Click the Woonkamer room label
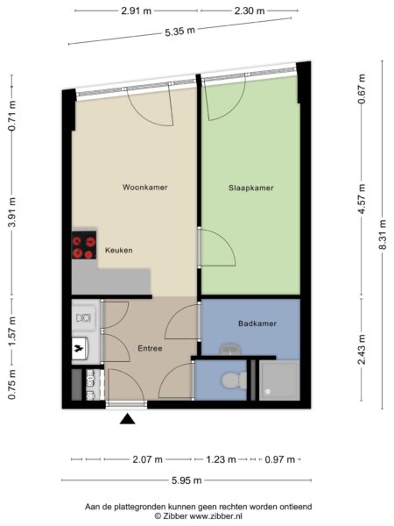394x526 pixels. coord(145,188)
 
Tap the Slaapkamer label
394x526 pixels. coord(251,188)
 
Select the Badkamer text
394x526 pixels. coord(257,323)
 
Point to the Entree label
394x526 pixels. coord(150,349)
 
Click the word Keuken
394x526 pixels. coord(118,250)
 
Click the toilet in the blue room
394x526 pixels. coord(234,380)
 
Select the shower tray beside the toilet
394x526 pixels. coord(279,380)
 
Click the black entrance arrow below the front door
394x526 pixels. coord(127,419)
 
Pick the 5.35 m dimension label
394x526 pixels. coord(179,32)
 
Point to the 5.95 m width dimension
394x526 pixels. coord(186,480)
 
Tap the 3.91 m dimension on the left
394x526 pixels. coord(12,212)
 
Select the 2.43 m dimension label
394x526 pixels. coord(362,349)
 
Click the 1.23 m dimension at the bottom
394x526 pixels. coord(221,459)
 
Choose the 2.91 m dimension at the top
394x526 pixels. coord(136,11)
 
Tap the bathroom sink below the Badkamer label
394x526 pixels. coord(230,349)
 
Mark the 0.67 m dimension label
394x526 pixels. coord(362,89)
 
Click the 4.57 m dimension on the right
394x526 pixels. coord(362,199)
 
